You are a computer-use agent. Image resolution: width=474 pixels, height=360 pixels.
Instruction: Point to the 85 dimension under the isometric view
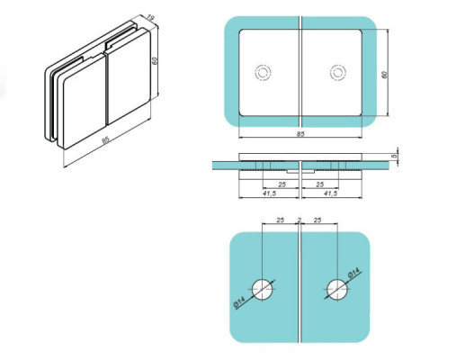(107, 139)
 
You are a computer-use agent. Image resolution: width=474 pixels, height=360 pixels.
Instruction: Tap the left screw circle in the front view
(264, 72)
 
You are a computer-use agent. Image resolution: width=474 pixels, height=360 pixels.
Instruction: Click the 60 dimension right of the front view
(385, 74)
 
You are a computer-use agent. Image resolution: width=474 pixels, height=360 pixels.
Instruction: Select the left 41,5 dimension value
(269, 193)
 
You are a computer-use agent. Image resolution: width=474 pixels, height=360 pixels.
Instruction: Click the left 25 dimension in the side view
(282, 184)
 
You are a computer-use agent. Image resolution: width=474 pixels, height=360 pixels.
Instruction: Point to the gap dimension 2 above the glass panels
(300, 219)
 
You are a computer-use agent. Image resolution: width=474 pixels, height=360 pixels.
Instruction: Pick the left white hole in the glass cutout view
(262, 288)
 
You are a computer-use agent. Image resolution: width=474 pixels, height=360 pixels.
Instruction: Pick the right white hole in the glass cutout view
(336, 288)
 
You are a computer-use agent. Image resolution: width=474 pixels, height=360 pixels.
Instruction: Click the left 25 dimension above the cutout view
(280, 220)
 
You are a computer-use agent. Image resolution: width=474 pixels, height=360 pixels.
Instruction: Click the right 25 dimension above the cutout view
(318, 220)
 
